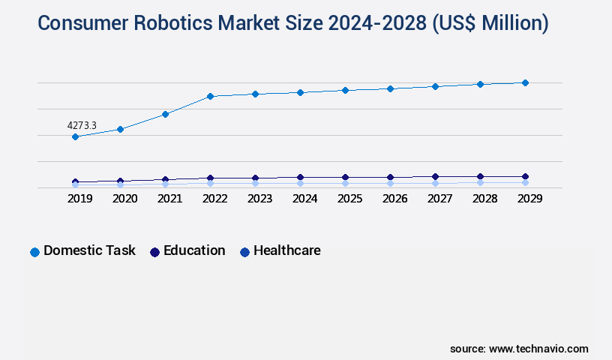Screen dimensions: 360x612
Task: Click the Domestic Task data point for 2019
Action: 75,136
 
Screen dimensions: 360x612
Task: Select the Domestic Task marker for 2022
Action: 210,96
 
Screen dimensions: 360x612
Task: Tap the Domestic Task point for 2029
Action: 525,82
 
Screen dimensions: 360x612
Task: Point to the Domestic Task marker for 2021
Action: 165,114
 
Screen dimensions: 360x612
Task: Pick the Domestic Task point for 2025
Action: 345,90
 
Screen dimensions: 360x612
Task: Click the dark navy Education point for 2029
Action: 525,176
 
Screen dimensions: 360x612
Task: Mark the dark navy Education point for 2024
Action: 300,177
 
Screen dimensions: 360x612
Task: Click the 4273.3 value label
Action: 82,125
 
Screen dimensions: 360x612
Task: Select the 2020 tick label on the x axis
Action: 124,199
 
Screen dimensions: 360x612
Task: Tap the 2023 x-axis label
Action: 259,199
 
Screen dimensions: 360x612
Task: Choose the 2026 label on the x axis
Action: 394,199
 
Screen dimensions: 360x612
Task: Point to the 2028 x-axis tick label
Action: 484,199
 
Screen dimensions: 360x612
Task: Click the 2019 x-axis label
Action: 79,199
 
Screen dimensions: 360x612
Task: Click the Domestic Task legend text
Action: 89,250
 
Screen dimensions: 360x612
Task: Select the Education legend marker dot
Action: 154,252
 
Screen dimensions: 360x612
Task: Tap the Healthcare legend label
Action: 286,250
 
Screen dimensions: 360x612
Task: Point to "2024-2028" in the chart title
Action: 380,23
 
